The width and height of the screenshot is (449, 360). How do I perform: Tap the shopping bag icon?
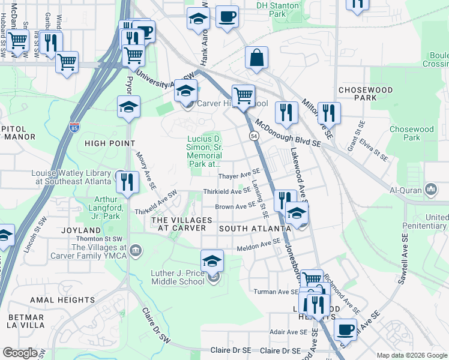tap(256, 59)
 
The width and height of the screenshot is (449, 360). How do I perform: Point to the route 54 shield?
tap(254, 137)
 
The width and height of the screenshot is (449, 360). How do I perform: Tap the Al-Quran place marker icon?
tap(430, 190)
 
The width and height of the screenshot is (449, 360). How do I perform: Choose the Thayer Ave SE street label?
tap(238, 176)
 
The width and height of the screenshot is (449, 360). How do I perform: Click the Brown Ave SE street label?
tap(235, 207)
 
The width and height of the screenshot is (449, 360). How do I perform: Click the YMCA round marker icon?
tap(136, 249)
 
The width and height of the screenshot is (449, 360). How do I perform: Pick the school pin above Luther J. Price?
tap(212, 261)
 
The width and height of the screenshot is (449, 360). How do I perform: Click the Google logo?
tap(20, 353)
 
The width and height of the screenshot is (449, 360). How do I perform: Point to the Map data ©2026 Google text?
tap(412, 355)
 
